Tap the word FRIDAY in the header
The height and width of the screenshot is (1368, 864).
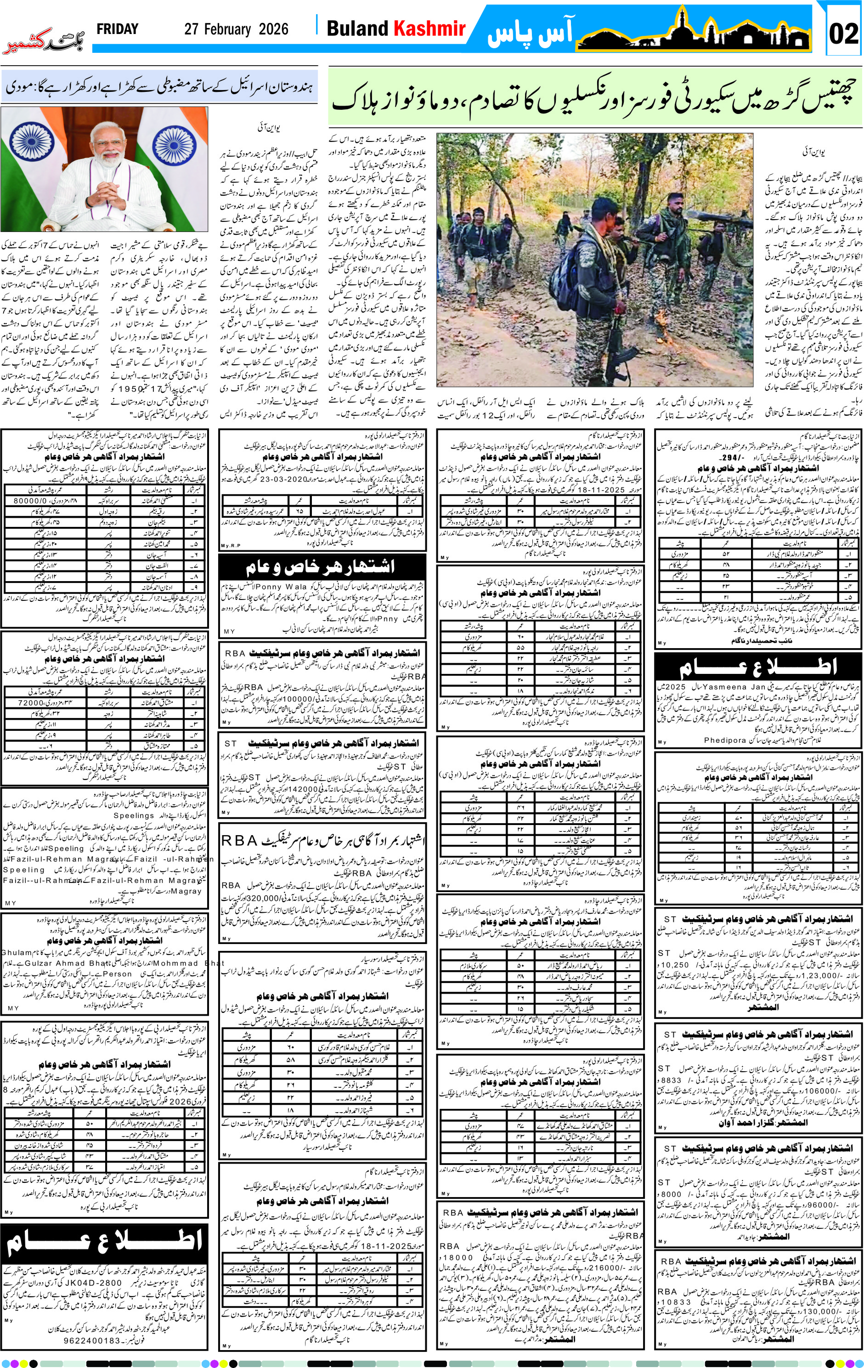pos(118,29)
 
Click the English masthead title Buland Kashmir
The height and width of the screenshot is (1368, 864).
pos(396,29)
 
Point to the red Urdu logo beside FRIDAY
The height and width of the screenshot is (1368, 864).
pos(44,40)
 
